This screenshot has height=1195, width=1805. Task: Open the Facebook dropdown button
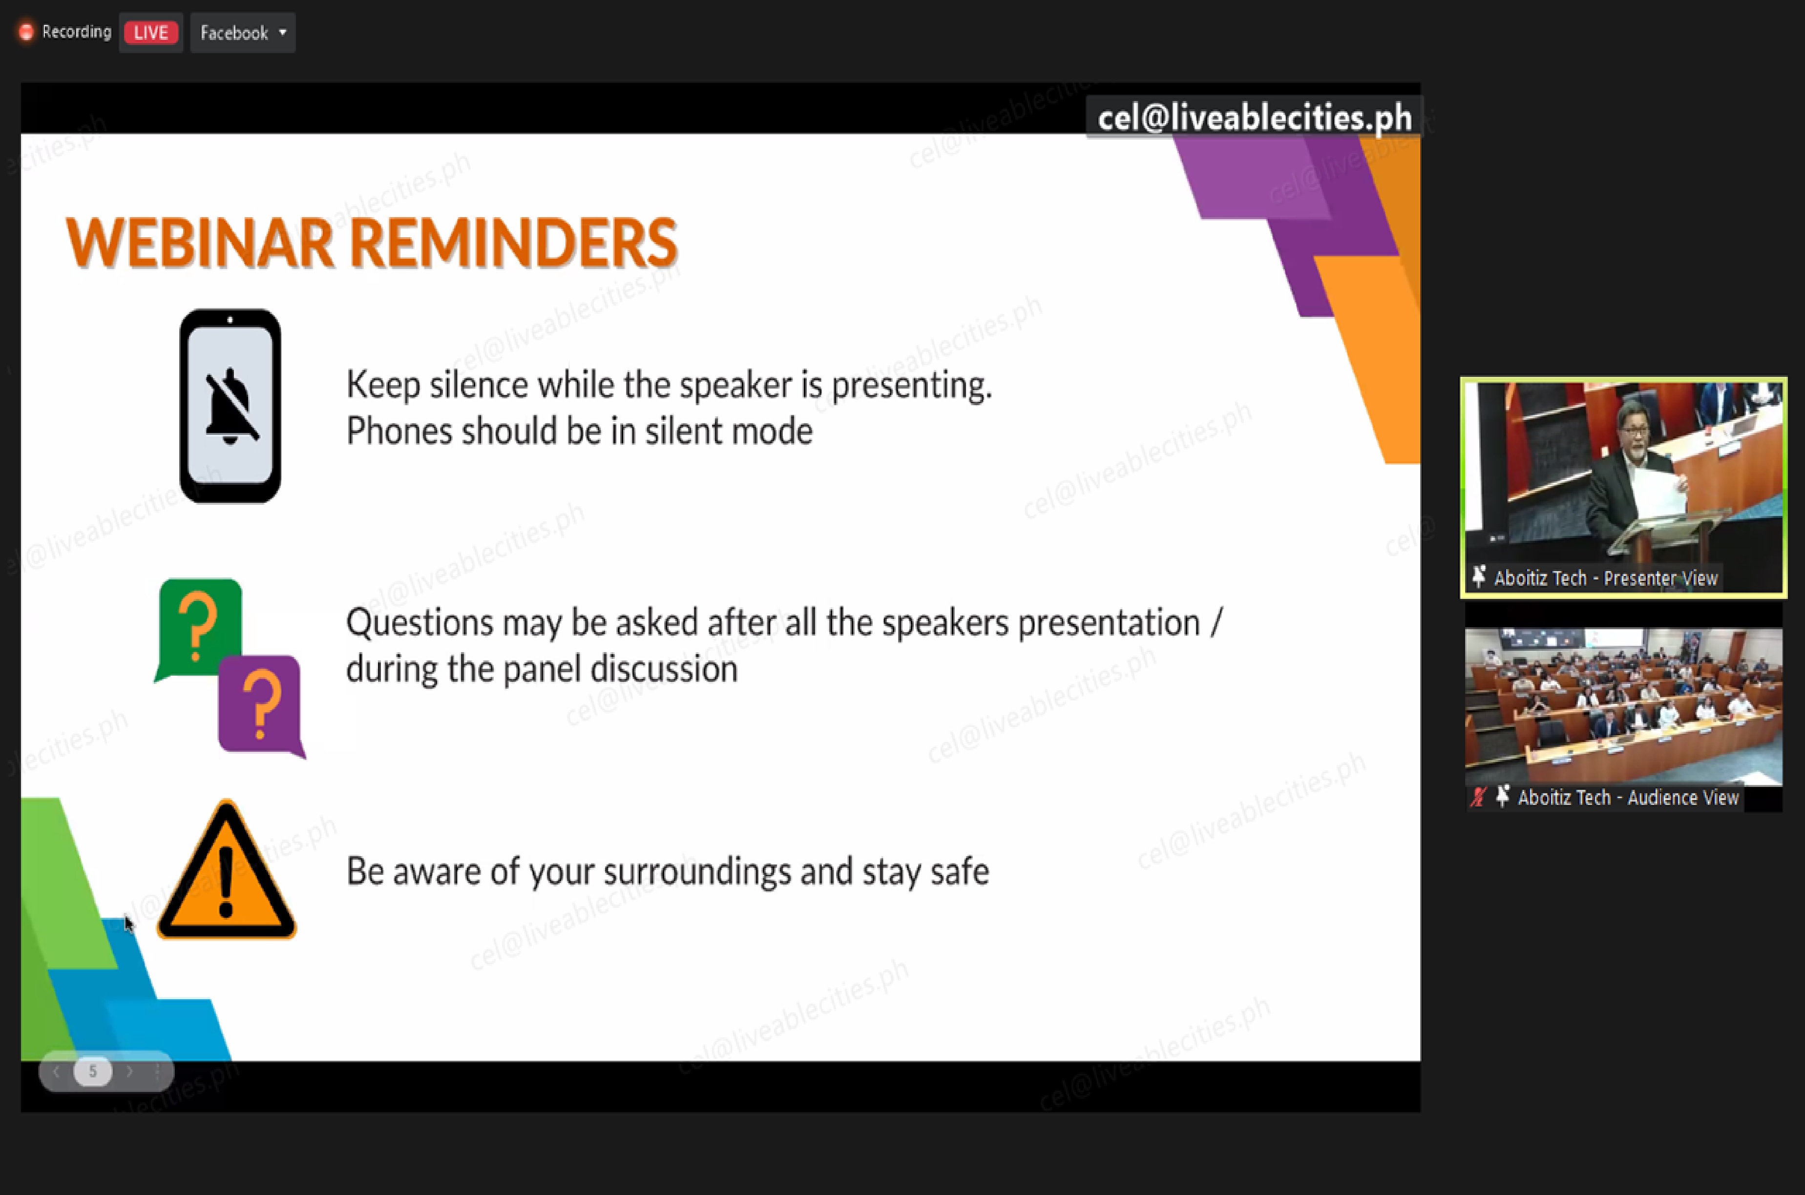click(x=242, y=33)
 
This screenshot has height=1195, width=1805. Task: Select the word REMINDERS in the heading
click(x=513, y=242)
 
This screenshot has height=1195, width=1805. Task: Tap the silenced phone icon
click(x=230, y=406)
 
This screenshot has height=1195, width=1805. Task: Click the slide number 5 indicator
click(x=93, y=1071)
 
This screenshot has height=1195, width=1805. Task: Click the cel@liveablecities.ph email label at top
click(x=1254, y=117)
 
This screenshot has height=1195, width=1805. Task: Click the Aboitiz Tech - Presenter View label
click(x=1605, y=578)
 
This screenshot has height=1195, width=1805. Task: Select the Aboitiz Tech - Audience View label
click(x=1628, y=797)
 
